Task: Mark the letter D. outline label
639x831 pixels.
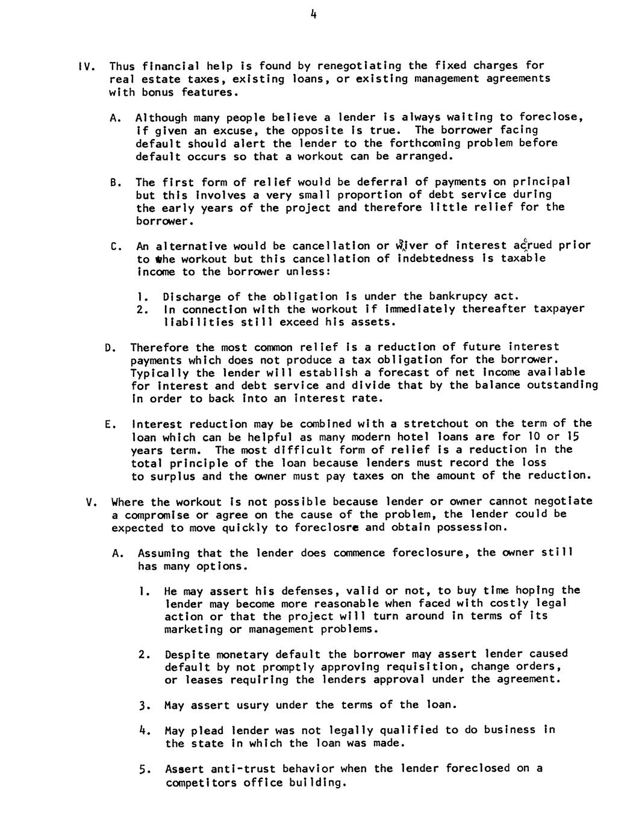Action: pyautogui.click(x=109, y=348)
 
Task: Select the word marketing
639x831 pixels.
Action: pyautogui.click(x=193, y=629)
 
